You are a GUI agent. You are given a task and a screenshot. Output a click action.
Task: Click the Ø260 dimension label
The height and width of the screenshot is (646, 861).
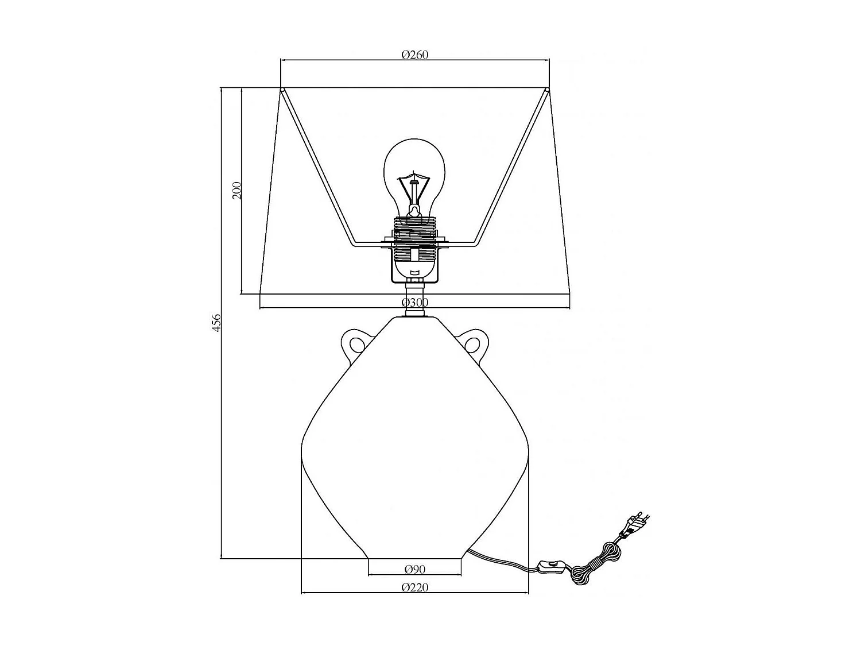coord(415,55)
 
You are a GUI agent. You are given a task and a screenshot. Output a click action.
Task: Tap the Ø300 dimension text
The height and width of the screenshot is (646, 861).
coord(415,303)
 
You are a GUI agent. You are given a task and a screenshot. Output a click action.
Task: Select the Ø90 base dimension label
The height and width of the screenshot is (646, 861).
coord(414,569)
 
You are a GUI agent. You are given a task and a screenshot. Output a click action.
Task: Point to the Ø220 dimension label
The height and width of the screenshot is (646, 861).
coord(415,587)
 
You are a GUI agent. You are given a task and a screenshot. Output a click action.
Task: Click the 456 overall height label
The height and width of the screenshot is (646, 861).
coord(216,323)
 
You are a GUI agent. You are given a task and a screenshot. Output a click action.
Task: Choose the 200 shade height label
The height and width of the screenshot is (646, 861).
coord(236,189)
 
